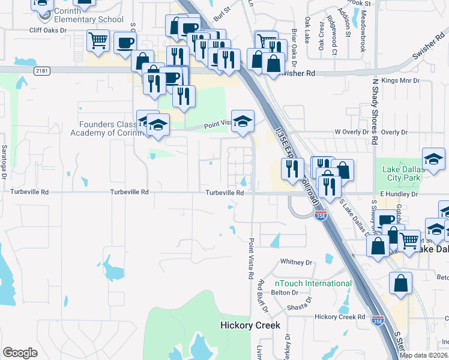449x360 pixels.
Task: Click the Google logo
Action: pos(20,353)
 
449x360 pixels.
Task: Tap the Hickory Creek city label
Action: pos(250,325)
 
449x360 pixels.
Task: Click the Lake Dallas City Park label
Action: pos(403,174)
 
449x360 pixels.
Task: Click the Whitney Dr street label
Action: pos(297,262)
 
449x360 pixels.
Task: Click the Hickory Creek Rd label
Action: pos(340,316)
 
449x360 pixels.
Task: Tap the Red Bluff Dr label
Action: pos(263,296)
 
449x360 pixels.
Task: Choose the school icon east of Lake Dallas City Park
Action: pos(433,159)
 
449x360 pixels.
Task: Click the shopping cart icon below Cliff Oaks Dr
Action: pos(98,41)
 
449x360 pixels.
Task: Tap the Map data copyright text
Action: pos(424,355)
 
